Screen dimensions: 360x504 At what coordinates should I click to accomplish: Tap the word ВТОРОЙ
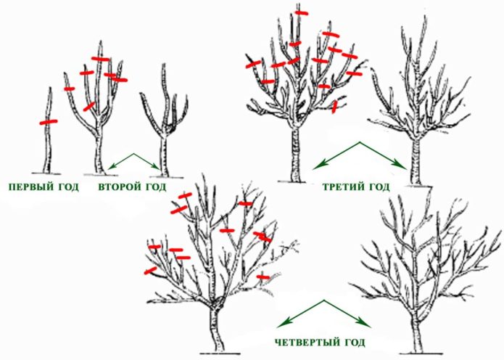click(x=120, y=187)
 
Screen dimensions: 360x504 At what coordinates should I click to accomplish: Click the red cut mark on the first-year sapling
click(x=48, y=122)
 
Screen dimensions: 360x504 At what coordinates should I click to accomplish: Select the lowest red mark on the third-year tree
click(x=334, y=107)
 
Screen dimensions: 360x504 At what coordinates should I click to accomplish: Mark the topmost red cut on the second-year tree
click(x=100, y=59)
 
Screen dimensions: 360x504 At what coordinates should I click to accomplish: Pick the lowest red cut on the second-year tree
click(x=89, y=107)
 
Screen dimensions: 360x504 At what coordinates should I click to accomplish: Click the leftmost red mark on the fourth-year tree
click(x=150, y=271)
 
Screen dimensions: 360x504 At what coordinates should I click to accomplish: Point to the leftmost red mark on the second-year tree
click(x=69, y=89)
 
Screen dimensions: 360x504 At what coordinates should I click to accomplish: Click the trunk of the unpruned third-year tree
click(x=295, y=156)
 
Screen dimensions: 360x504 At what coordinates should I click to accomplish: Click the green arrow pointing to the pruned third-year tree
click(x=384, y=158)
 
